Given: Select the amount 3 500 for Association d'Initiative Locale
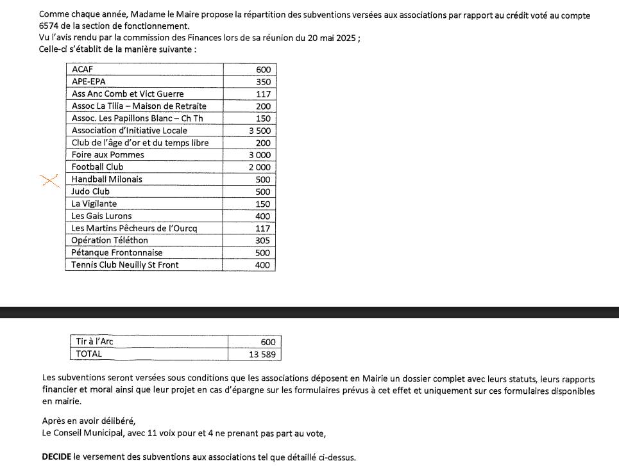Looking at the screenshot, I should pyautogui.click(x=260, y=131).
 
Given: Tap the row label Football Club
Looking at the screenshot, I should pyautogui.click(x=98, y=167).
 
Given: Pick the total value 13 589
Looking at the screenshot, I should pyautogui.click(x=265, y=354).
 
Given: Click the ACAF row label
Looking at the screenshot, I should pyautogui.click(x=83, y=69).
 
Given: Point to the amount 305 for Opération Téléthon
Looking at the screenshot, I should pyautogui.click(x=263, y=241).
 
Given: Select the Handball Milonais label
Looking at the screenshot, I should pyautogui.click(x=106, y=179).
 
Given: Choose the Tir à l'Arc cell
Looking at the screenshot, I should pyautogui.click(x=94, y=342).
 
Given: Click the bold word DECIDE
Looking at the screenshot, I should pyautogui.click(x=56, y=458).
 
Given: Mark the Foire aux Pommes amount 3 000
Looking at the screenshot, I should pyautogui.click(x=260, y=155).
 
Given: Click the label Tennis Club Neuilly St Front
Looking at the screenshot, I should pyautogui.click(x=124, y=265).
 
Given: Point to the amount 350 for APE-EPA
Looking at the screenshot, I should pyautogui.click(x=263, y=82).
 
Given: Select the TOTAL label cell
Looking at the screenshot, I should pyautogui.click(x=89, y=354).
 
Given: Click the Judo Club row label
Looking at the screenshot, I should pyautogui.click(x=90, y=191).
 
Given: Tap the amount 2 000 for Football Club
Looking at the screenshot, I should pyautogui.click(x=260, y=167).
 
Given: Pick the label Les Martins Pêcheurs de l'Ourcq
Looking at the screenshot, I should pyautogui.click(x=134, y=229).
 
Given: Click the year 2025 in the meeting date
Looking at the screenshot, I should pyautogui.click(x=346, y=38).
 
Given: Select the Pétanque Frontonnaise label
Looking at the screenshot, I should pyautogui.click(x=117, y=253).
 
